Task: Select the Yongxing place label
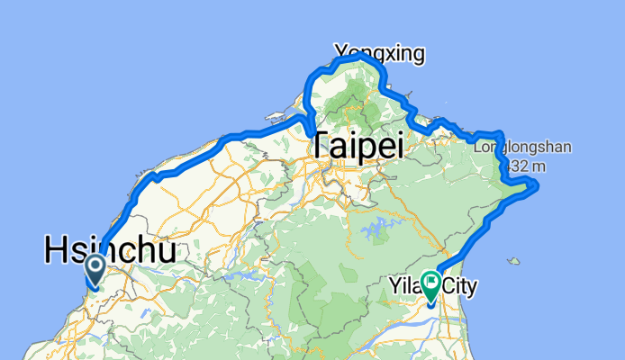tap(378, 54)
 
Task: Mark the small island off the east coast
tap(513, 263)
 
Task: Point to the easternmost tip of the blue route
tap(537, 185)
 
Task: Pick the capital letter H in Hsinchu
tap(56, 249)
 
